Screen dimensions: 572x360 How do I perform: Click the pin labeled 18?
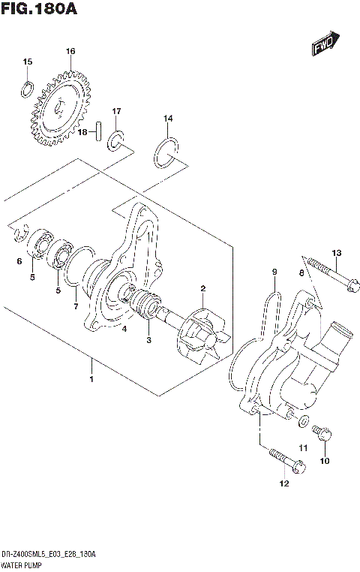pos(98,132)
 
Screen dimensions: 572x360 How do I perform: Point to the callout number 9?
pos(274,271)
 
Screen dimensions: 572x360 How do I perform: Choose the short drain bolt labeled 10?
pos(323,433)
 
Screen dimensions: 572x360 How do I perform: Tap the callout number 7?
pos(75,306)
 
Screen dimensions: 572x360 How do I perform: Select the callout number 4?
pos(124,327)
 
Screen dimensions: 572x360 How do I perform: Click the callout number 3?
pos(148,340)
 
